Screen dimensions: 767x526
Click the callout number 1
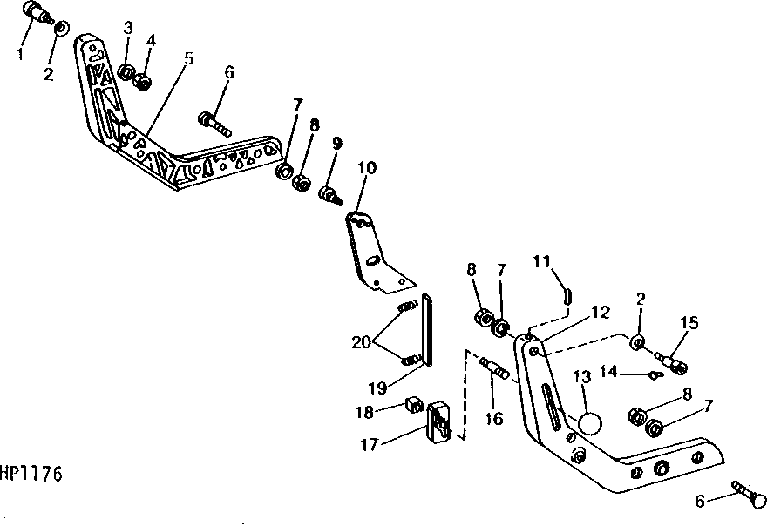(20, 54)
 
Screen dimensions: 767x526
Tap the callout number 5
(189, 58)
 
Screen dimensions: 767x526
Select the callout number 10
(367, 168)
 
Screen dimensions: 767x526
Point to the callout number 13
(581, 376)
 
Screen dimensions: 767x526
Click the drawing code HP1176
(31, 474)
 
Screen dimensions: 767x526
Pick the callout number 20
(361, 342)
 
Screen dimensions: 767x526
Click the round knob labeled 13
(590, 423)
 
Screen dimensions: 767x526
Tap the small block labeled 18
(414, 404)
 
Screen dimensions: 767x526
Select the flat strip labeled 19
(427, 329)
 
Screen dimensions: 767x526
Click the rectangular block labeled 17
(438, 421)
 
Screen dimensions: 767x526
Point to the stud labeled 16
(494, 369)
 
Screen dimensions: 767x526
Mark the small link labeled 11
(567, 296)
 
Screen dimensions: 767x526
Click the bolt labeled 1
(37, 11)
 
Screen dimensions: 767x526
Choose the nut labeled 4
(143, 82)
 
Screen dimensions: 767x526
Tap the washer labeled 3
(126, 72)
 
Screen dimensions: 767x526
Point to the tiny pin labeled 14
(656, 375)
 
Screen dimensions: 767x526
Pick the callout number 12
(601, 312)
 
